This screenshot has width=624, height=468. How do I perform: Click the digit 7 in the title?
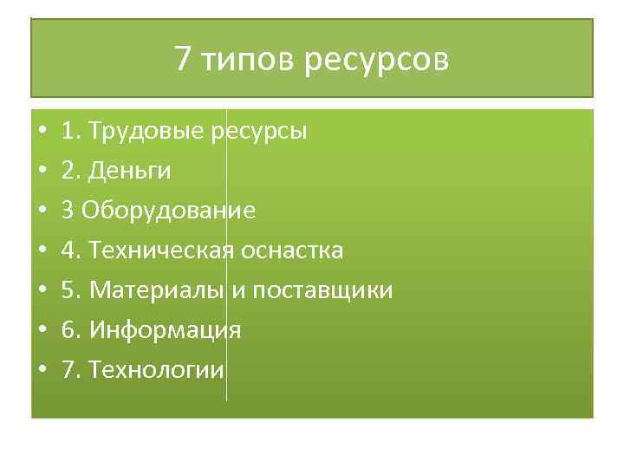(182, 59)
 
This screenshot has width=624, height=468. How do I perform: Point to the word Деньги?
(127, 172)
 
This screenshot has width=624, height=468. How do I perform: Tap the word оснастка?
(292, 250)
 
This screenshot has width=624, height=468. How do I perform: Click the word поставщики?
(322, 290)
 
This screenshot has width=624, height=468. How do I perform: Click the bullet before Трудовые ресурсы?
(42, 133)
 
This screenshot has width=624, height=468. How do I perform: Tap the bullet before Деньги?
(42, 172)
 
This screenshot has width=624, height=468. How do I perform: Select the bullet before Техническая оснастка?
(42, 251)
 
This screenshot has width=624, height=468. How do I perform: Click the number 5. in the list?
(69, 290)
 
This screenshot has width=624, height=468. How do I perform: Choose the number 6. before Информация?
(69, 330)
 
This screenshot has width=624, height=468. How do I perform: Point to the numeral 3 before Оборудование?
(67, 211)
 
